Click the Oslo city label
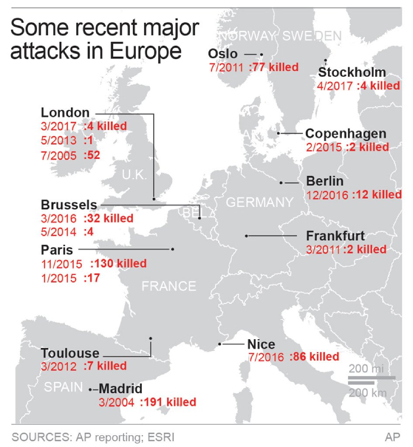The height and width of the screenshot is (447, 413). pyautogui.click(x=223, y=54)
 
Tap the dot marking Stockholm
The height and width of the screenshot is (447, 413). pyautogui.click(x=325, y=60)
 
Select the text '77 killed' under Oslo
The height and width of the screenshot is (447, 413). pyautogui.click(x=274, y=67)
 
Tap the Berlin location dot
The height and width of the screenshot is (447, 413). pyautogui.click(x=281, y=182)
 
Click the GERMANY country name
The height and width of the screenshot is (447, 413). pyautogui.click(x=259, y=202)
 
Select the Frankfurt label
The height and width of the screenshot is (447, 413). pyautogui.click(x=335, y=236)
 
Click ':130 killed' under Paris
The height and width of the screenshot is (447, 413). pyautogui.click(x=118, y=264)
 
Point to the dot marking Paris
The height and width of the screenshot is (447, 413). pyautogui.click(x=173, y=249)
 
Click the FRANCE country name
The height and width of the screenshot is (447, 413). pyautogui.click(x=169, y=286)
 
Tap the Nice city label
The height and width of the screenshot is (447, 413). pyautogui.click(x=261, y=344)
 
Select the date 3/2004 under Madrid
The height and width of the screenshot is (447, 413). pyautogui.click(x=115, y=402)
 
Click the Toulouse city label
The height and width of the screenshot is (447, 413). pyautogui.click(x=70, y=353)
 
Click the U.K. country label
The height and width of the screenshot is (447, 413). pyautogui.click(x=134, y=175)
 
